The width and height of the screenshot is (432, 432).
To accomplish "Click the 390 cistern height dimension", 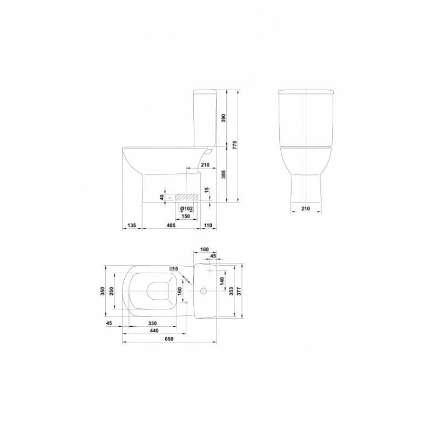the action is click(x=224, y=118).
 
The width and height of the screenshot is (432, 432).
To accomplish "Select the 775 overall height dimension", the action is click(x=234, y=145).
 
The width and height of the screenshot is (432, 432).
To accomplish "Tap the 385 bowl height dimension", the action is click(x=224, y=174).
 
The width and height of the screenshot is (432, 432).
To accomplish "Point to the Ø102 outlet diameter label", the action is click(x=186, y=209).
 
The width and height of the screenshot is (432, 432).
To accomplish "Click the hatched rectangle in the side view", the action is click(x=186, y=197).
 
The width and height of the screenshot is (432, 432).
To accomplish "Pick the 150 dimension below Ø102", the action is click(x=186, y=217).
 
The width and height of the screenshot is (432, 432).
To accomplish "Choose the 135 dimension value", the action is click(x=132, y=225).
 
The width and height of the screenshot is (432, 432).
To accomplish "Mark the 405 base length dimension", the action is click(x=171, y=225).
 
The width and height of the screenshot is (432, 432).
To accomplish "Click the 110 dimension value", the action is click(x=208, y=225).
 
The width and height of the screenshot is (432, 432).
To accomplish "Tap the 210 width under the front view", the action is click(x=306, y=208).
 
